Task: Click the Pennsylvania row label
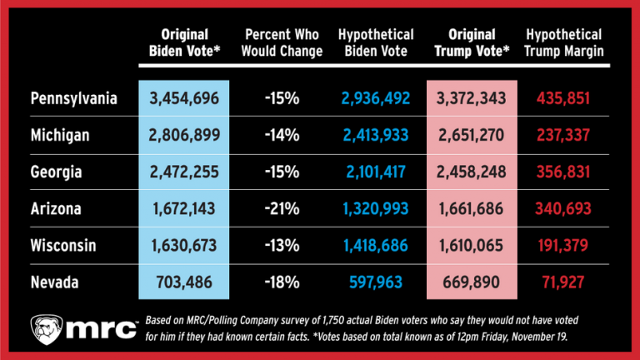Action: [72, 99]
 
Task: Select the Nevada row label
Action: [55, 282]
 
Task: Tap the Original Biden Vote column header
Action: [184, 43]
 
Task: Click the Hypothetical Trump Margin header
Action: [564, 43]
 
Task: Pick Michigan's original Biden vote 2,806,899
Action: [184, 136]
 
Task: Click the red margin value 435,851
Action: [564, 99]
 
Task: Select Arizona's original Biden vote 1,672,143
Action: [184, 209]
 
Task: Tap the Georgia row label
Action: [57, 172]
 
